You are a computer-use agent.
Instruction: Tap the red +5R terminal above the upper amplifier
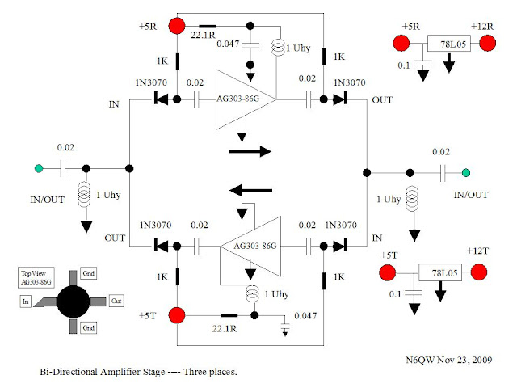(x=178, y=26)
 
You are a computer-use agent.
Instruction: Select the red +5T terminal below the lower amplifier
(x=178, y=314)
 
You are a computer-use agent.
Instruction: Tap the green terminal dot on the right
(x=465, y=171)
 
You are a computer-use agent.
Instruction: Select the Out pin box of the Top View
(x=116, y=300)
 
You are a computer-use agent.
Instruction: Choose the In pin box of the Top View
(x=26, y=301)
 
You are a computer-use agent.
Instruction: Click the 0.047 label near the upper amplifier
(x=229, y=44)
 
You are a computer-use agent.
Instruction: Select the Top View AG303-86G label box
(x=36, y=278)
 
